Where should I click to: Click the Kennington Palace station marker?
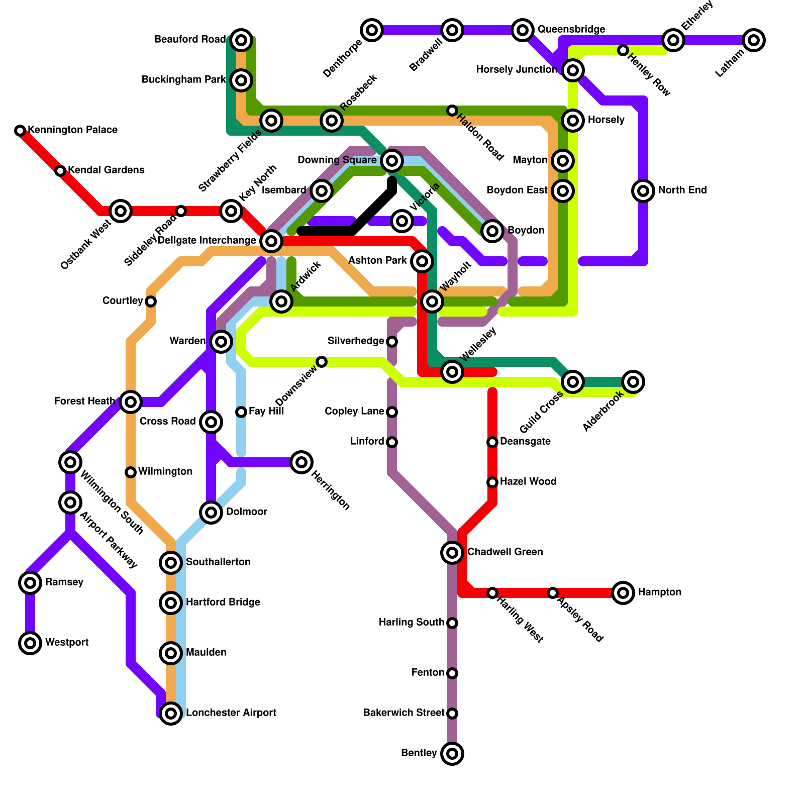pos(20,131)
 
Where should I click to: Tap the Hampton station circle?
pos(623,593)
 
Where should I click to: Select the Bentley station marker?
pos(452,754)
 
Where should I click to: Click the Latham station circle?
pos(754,40)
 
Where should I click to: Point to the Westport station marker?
pos(30,643)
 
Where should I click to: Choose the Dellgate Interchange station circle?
pos(271,241)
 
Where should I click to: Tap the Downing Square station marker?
pos(392,161)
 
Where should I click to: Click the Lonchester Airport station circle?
pos(171,714)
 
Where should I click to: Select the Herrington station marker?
pos(301,462)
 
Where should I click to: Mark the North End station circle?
pos(643,191)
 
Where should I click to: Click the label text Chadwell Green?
pos(505,552)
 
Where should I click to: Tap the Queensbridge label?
pos(571,30)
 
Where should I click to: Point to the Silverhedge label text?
pos(356,341)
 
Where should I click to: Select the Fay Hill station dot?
pos(241,412)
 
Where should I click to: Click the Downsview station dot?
pos(322,362)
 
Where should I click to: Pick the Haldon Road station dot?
pos(452,111)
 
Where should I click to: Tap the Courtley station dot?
pos(151,301)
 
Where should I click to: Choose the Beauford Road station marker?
pos(241,40)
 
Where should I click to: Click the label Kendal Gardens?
pos(106,170)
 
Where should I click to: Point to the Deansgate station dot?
pos(492,442)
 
